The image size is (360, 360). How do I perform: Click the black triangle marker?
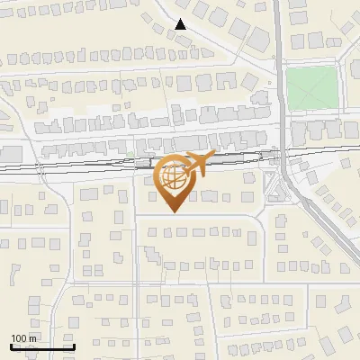tap(182, 24)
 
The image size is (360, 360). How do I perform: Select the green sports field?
tap(312, 88)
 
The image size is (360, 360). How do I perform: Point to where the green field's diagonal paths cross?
tap(312, 88)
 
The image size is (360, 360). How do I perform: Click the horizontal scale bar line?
tap(41, 346)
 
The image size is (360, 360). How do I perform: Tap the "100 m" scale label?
tap(24, 338)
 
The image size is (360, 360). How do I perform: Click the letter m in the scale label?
tap(33, 338)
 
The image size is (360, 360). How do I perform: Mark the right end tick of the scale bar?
tap(74, 345)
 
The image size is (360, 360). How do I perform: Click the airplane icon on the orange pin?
tap(195, 164)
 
